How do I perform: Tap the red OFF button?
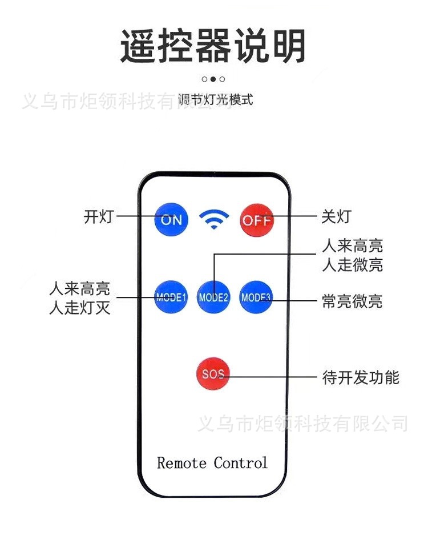257,220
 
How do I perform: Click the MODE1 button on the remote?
171,297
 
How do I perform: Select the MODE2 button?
213,297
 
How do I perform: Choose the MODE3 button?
256,297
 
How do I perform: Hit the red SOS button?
213,374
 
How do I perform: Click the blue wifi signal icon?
214,219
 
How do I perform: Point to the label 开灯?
99,216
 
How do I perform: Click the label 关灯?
336,216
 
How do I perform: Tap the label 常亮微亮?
352,301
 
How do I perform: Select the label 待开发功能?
361,377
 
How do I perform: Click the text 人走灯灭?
80,307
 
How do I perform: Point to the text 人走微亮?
353,265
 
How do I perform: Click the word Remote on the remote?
181,463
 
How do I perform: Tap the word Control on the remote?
241,463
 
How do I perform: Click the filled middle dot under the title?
213,79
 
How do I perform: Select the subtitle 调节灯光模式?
215,100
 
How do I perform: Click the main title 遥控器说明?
213,46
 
